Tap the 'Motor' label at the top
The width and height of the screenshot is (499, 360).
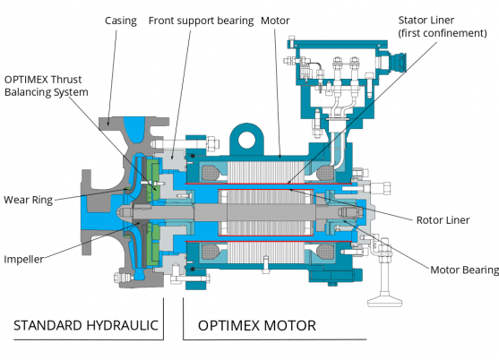[x=275, y=20]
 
